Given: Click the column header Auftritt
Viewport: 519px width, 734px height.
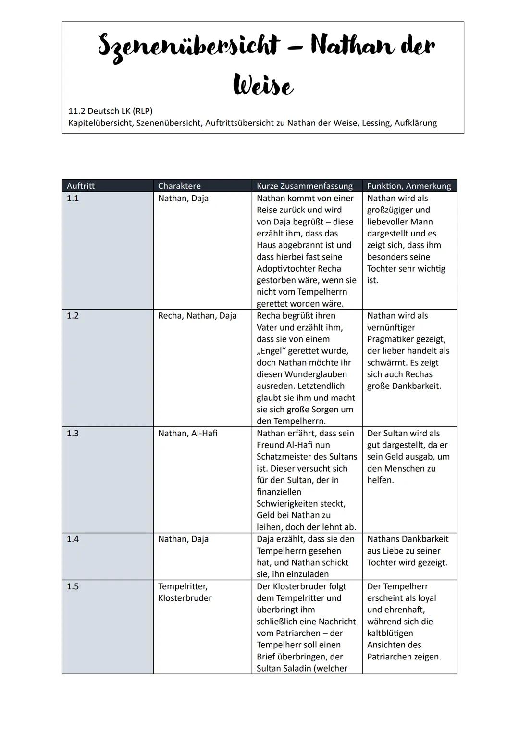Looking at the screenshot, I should click(x=81, y=186).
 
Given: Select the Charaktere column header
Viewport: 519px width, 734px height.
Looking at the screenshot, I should click(x=179, y=186).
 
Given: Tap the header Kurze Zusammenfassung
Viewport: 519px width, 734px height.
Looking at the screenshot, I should click(x=304, y=186).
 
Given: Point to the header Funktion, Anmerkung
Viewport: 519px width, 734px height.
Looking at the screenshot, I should click(x=408, y=186).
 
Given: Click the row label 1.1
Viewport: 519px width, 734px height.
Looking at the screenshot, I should click(x=73, y=198).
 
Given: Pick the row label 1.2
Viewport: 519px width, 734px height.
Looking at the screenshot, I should click(x=73, y=316).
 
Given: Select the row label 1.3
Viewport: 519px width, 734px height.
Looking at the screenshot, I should click(x=73, y=433).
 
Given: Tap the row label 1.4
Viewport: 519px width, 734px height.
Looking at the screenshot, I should click(x=73, y=539).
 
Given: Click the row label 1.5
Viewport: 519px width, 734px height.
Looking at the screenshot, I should click(x=73, y=586).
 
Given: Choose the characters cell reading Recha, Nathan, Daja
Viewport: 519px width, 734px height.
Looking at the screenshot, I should click(x=197, y=316).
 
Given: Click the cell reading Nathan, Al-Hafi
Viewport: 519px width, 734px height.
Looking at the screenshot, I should click(x=187, y=433).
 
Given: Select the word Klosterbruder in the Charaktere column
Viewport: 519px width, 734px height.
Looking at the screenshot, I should click(x=185, y=598).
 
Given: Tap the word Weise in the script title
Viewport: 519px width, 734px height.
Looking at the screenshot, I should click(x=263, y=87).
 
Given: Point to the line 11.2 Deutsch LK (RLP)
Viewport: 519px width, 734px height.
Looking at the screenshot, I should click(x=111, y=111).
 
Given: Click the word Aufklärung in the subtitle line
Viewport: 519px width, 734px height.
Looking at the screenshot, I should click(x=415, y=123).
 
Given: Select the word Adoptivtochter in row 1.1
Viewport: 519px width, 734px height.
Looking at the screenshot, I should click(x=285, y=268).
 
